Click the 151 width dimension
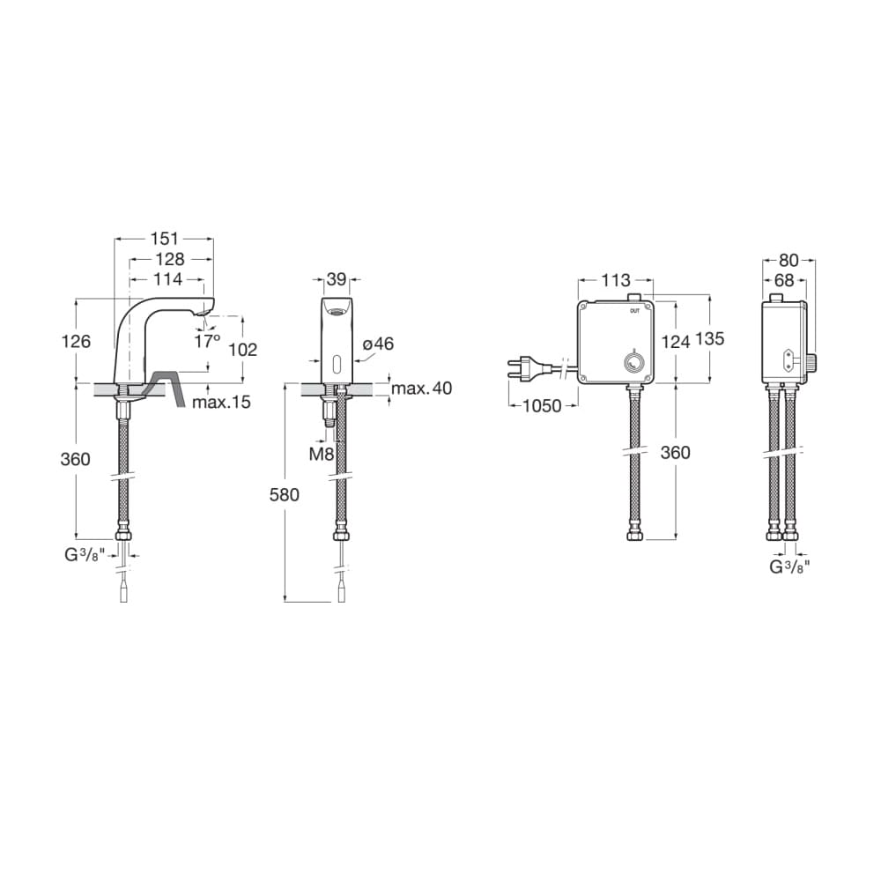(x=165, y=239)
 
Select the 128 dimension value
(x=170, y=259)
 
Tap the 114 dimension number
(x=168, y=278)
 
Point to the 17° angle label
(x=207, y=340)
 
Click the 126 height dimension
(x=76, y=341)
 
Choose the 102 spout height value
(x=243, y=350)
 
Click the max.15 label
(x=221, y=403)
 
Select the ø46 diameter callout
(x=379, y=344)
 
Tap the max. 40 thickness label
(x=421, y=389)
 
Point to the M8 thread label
(x=322, y=454)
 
